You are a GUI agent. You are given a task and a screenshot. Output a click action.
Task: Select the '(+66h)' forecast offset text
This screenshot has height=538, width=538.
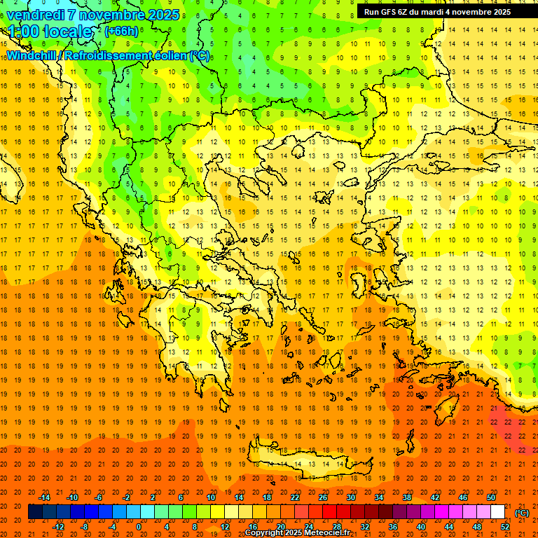[121, 32]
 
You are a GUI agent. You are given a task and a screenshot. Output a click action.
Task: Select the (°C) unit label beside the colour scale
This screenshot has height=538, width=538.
[521, 513]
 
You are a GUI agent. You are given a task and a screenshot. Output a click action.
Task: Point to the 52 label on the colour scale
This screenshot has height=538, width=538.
[505, 527]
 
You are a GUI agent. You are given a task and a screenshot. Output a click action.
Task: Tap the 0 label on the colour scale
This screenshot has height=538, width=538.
[138, 527]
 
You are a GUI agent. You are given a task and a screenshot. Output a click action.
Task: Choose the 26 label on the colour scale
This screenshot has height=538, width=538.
[323, 497]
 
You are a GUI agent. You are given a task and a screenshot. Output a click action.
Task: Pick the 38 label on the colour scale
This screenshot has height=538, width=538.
[407, 497]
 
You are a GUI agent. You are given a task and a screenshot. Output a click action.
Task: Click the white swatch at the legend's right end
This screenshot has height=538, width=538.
[498, 512]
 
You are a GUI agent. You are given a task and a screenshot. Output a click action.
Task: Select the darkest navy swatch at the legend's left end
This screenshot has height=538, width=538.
[35, 512]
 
